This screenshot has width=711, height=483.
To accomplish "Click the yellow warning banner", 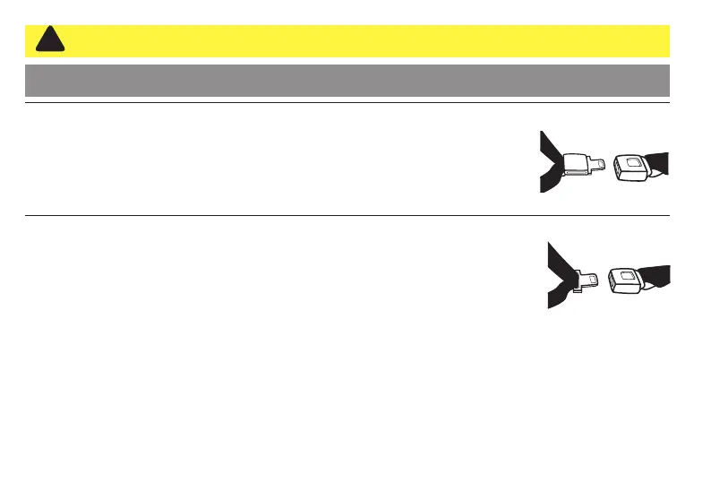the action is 358,41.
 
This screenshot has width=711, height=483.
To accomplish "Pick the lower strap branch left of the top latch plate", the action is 548,182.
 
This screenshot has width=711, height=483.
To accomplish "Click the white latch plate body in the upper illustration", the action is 574,163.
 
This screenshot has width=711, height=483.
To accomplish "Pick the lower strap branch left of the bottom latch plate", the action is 556,297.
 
